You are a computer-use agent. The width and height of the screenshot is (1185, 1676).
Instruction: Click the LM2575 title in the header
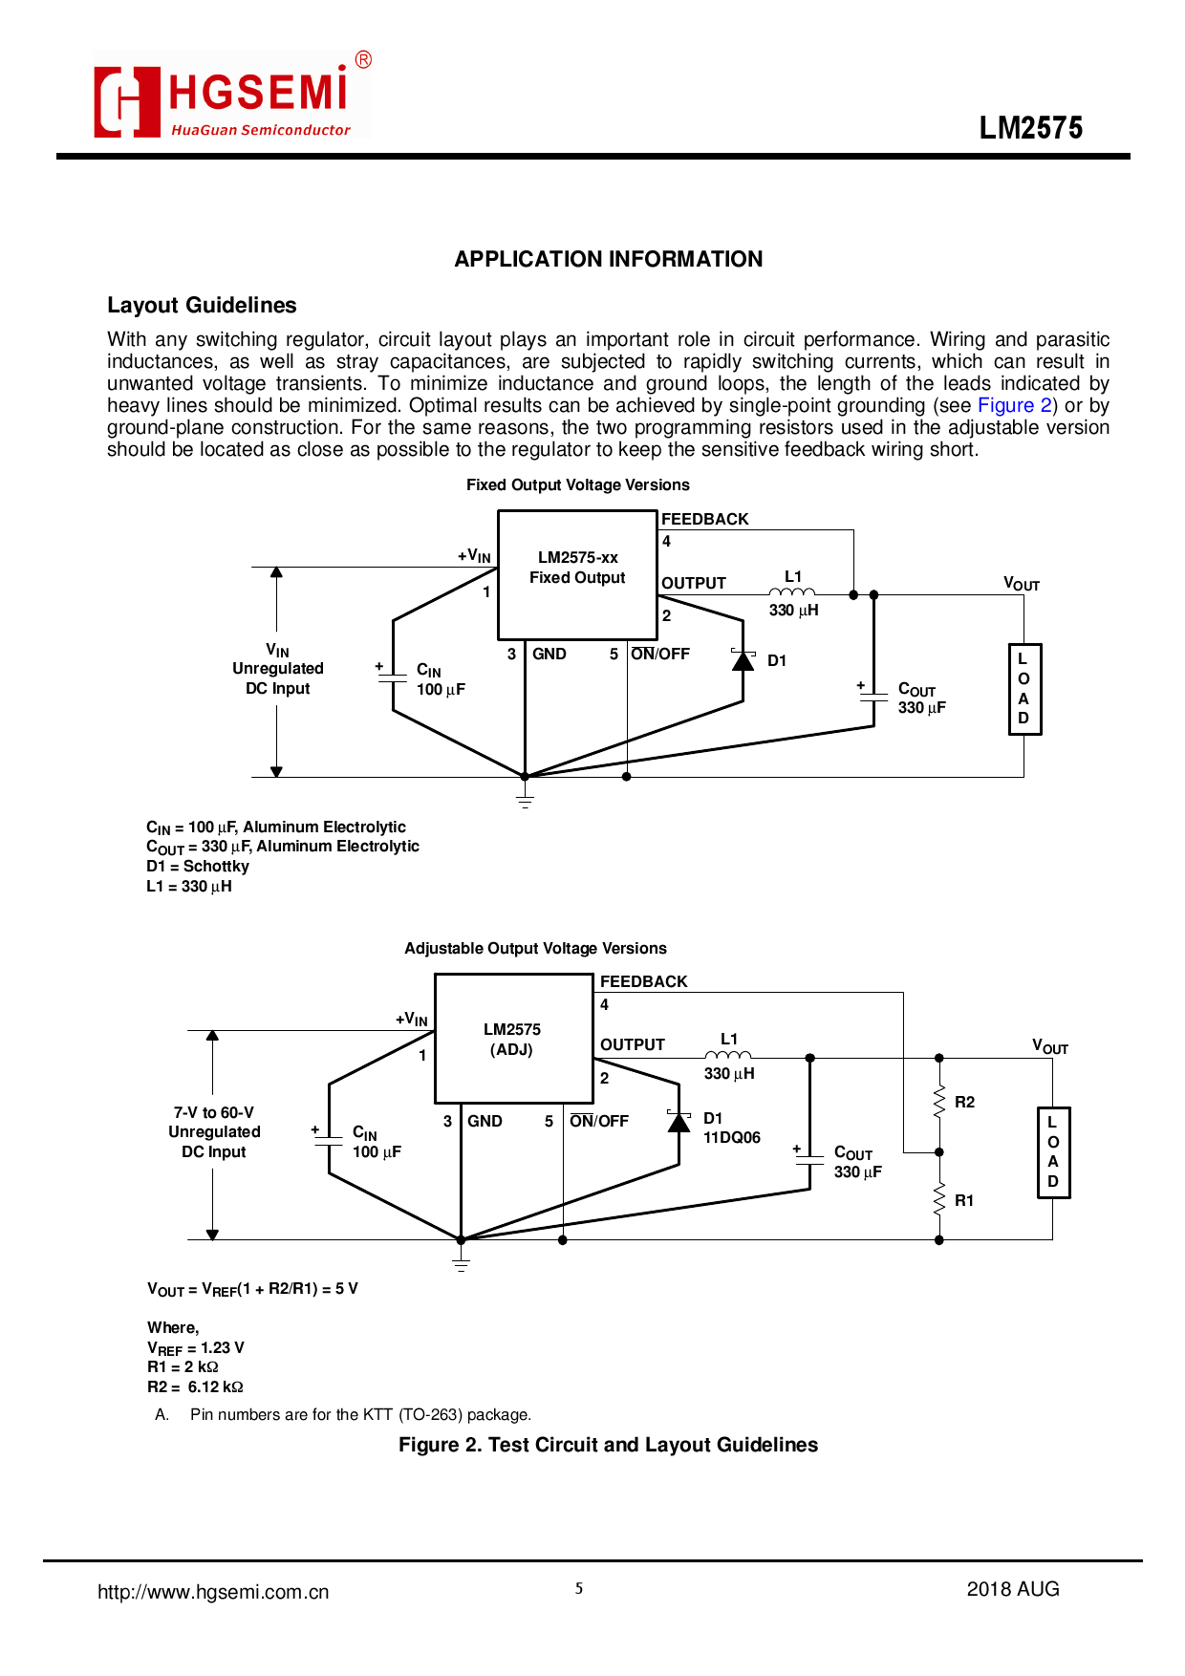tap(1030, 128)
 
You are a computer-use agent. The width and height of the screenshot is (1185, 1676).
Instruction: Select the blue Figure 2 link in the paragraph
tap(1014, 405)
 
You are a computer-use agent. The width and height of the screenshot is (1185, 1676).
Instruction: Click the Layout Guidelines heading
tap(202, 305)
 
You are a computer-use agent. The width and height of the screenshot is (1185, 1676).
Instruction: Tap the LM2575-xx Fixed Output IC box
tap(577, 574)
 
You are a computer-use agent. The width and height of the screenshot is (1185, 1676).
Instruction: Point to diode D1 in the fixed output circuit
tap(743, 660)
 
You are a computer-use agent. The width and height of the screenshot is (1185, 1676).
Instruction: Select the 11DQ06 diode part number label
tap(732, 1138)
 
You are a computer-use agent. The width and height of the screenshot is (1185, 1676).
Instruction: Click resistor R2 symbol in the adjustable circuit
tap(939, 1102)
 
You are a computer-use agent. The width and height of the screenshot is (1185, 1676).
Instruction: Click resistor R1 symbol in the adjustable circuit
tap(939, 1199)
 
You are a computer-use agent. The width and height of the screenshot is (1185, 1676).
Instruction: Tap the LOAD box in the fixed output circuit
tap(1024, 689)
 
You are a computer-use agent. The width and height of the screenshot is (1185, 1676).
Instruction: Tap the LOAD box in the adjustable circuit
tap(1053, 1152)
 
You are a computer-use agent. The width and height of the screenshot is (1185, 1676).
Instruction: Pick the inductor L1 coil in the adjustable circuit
tap(728, 1055)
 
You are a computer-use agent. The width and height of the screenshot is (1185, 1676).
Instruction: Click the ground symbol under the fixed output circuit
tap(525, 798)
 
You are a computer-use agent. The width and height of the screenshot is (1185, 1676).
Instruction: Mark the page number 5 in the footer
tap(579, 1589)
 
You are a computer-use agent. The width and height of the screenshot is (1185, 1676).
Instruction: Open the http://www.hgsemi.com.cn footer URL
tap(213, 1592)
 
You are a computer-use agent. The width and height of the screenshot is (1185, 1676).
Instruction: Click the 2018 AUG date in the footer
tap(1013, 1589)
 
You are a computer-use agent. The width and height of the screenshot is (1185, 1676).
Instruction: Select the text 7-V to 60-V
tap(214, 1112)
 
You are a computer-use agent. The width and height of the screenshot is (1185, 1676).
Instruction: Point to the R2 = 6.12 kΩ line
tap(195, 1386)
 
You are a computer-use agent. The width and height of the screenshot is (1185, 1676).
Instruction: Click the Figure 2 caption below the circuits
tap(608, 1445)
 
